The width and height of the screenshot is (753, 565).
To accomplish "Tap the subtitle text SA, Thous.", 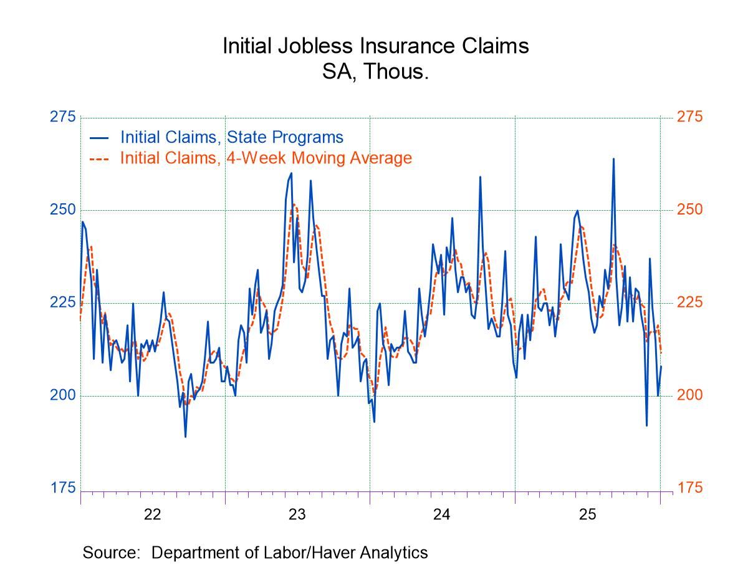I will click(375, 72).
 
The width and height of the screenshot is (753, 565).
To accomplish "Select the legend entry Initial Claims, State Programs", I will click(231, 137).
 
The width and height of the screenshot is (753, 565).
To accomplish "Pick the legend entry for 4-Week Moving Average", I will click(266, 158).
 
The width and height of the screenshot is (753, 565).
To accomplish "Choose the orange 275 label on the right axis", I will click(689, 117).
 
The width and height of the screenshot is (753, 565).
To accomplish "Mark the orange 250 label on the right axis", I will click(689, 210).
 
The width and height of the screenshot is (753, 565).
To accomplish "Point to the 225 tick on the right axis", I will click(689, 302).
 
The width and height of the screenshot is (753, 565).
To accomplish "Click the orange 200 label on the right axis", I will click(689, 395).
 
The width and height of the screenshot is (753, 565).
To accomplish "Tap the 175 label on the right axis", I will click(689, 488).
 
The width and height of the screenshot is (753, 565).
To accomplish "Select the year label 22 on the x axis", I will click(152, 515).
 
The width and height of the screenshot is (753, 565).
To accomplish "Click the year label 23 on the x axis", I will click(297, 515).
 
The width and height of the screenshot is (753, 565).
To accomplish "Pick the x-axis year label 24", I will click(442, 515).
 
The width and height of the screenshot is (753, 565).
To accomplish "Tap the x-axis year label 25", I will click(587, 515).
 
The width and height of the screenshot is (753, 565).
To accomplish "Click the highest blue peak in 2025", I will click(613, 159).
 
